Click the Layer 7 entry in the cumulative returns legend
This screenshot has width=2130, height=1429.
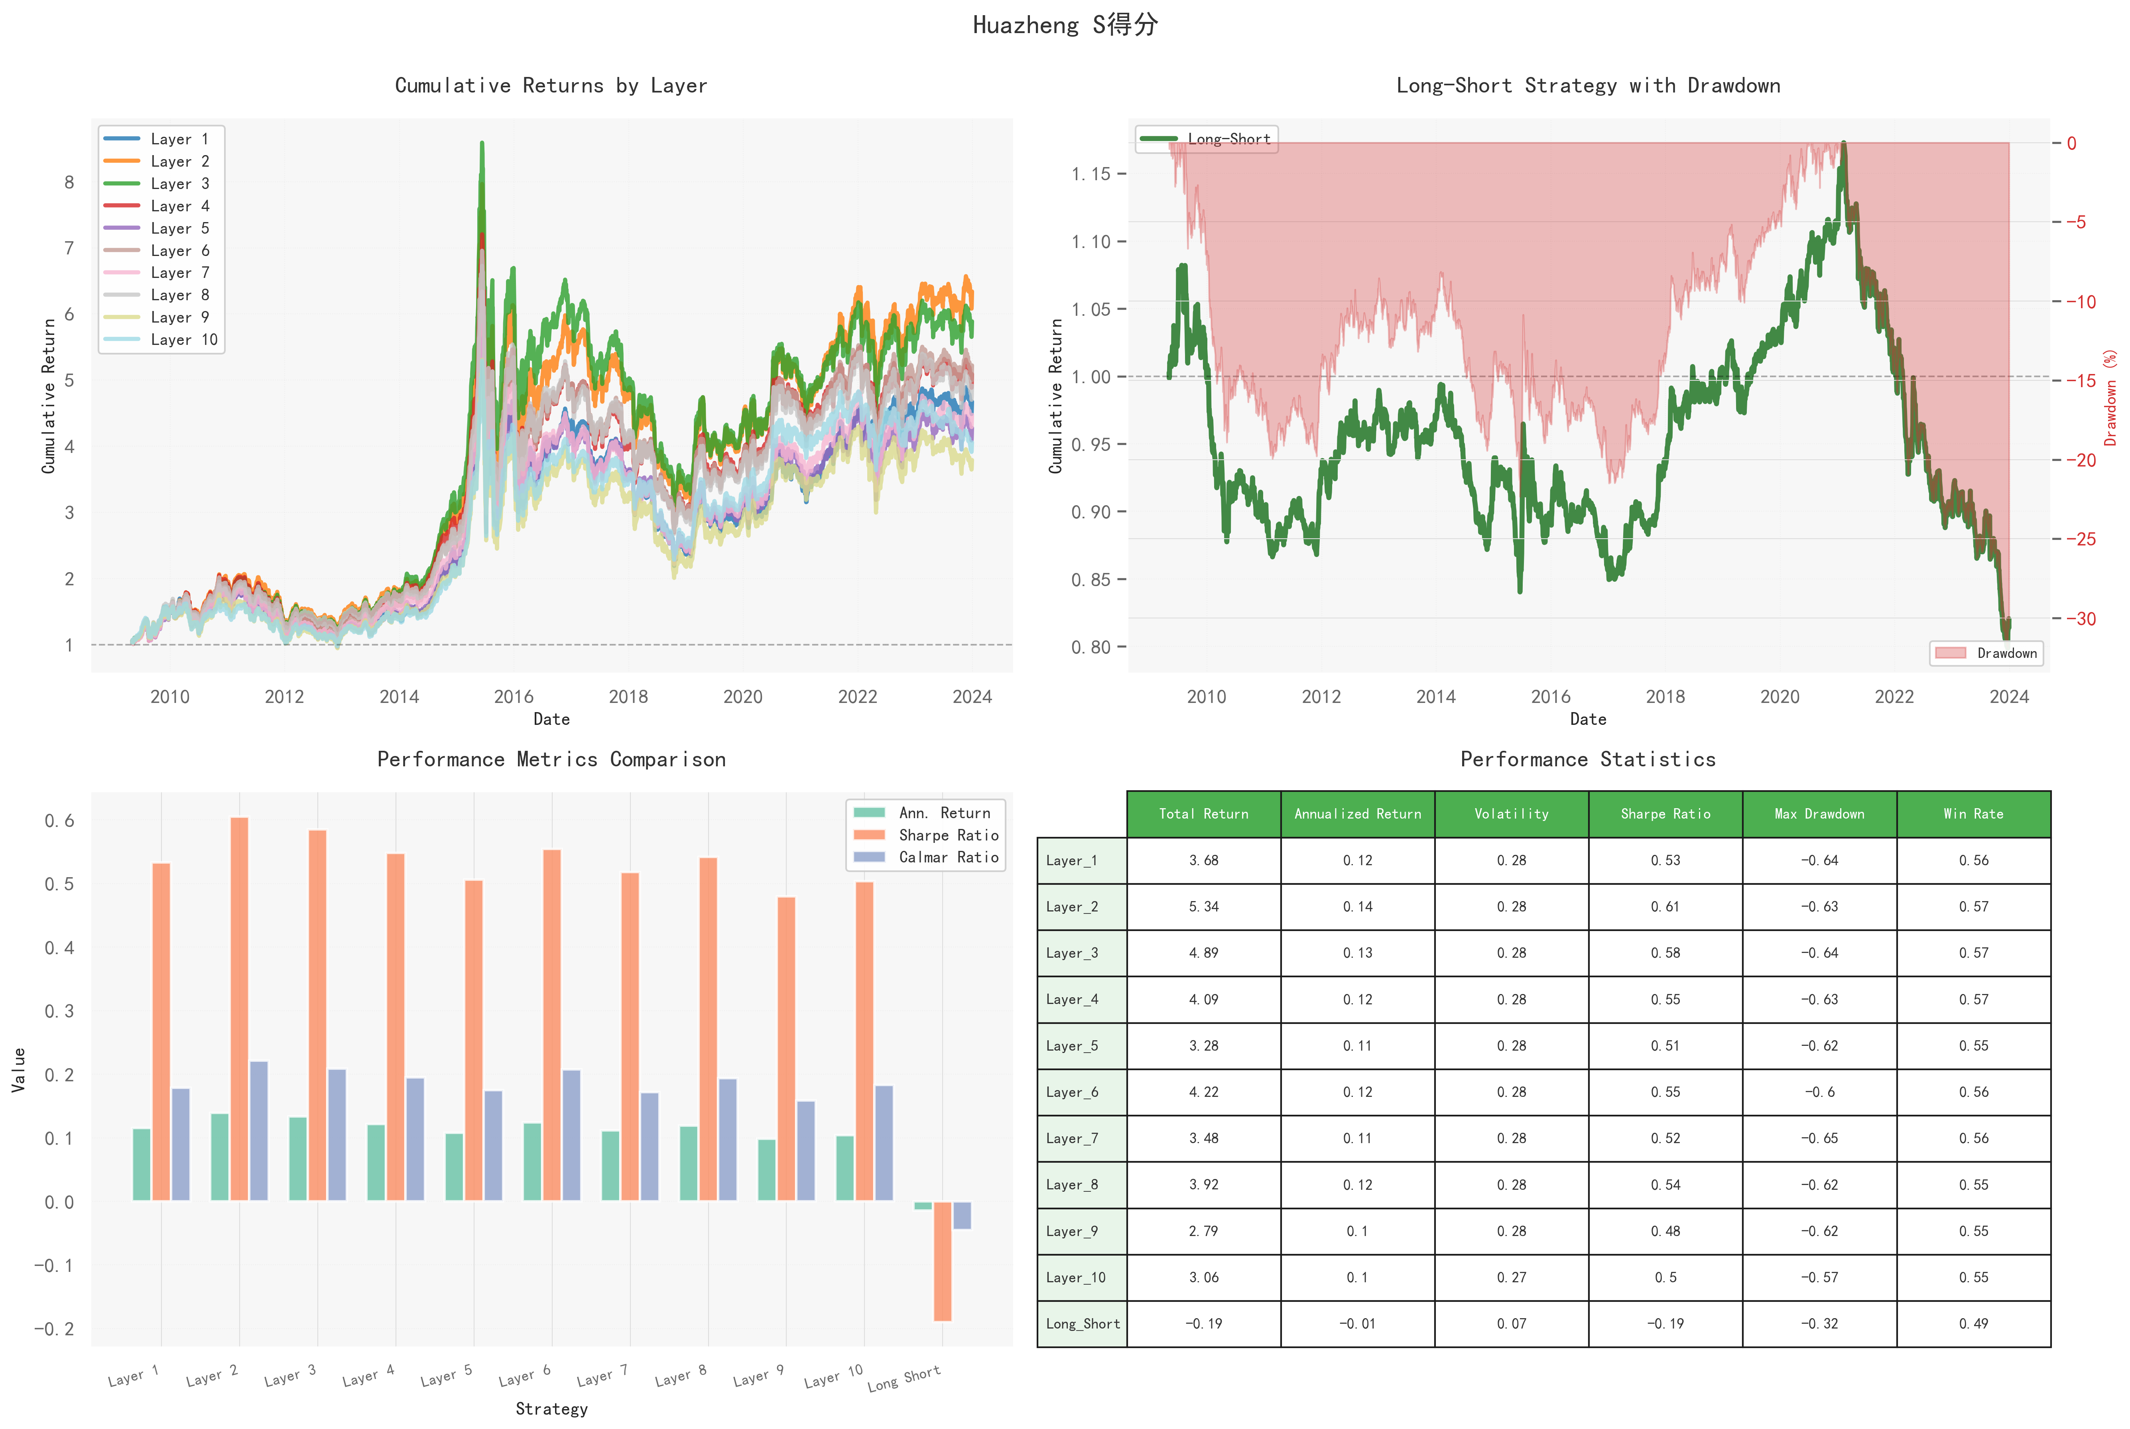[179, 272]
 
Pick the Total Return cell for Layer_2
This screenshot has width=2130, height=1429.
[1203, 907]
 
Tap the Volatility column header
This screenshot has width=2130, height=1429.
[1511, 814]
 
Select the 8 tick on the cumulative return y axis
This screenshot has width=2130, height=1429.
[69, 182]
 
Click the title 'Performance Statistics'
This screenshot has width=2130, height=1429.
[1588, 759]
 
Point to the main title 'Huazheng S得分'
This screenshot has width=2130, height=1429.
[1065, 25]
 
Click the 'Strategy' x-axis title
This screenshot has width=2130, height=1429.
[551, 1409]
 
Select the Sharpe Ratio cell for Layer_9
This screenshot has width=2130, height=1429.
[1665, 1231]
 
